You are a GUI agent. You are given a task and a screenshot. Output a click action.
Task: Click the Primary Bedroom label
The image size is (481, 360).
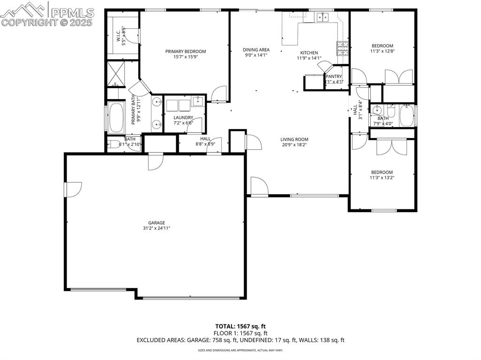click(185, 52)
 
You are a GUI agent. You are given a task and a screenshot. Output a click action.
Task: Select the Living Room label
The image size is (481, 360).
click(295, 139)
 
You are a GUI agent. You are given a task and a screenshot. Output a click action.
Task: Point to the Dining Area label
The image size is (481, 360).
click(256, 50)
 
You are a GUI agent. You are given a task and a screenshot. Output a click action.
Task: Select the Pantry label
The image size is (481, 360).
click(334, 77)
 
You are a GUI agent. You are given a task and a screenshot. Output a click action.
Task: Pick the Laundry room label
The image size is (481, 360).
click(183, 118)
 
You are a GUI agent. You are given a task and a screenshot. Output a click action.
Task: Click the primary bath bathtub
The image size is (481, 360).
click(115, 117)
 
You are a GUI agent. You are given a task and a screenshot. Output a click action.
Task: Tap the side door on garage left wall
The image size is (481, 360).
click(67, 190)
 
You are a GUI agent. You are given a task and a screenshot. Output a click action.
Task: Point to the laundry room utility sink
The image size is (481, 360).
click(198, 100)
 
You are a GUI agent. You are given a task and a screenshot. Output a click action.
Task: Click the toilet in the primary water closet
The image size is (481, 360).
click(113, 145)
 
